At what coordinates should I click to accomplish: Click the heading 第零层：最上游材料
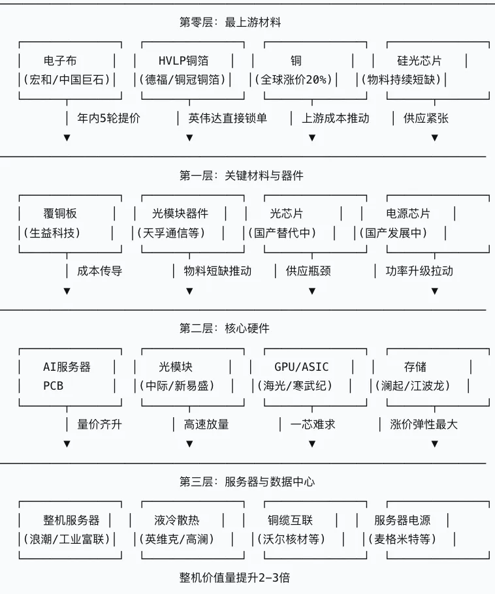(230, 22)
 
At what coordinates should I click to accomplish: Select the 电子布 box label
(60, 61)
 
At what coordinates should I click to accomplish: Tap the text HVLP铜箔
(184, 61)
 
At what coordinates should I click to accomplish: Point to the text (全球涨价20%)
(293, 80)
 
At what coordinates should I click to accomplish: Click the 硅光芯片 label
(419, 61)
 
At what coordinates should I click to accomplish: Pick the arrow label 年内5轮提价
(109, 118)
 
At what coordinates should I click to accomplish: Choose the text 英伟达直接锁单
(228, 118)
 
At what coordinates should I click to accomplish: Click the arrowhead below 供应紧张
(435, 138)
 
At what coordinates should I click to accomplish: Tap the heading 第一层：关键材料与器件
(242, 176)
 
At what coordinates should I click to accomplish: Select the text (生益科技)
(52, 232)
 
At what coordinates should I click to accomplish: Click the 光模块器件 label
(180, 213)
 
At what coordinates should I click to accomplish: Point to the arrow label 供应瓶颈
(308, 271)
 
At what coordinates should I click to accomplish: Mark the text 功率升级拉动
(419, 271)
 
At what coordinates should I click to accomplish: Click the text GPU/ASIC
(301, 367)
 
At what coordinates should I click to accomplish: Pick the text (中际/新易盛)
(176, 386)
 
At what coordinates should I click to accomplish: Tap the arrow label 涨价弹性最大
(424, 424)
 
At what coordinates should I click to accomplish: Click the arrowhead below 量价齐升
(67, 444)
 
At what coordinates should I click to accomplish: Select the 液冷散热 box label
(176, 520)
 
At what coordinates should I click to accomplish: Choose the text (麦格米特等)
(402, 539)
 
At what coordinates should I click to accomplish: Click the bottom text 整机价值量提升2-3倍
(234, 578)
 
